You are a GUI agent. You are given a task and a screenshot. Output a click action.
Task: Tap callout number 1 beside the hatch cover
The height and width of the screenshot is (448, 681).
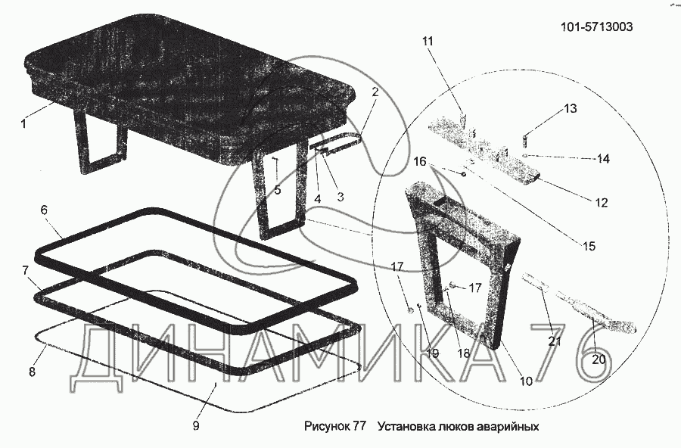(x=23, y=123)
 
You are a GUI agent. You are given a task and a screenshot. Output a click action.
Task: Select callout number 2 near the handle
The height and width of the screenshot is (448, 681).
(x=374, y=92)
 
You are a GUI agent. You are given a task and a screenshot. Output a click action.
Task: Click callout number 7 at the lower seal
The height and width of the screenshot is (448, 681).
(x=26, y=269)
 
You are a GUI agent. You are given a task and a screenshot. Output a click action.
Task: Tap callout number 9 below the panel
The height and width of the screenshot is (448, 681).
(x=196, y=426)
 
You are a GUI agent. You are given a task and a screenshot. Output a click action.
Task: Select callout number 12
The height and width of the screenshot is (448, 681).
(x=602, y=203)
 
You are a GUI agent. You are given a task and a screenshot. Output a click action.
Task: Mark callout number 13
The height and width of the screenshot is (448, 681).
(x=570, y=109)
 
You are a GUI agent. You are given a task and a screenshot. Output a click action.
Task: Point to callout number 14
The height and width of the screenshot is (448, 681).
(x=603, y=159)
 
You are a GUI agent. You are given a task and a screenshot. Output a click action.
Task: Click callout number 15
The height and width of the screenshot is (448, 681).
(x=589, y=246)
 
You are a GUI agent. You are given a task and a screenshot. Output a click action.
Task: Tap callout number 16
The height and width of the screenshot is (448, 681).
(x=419, y=161)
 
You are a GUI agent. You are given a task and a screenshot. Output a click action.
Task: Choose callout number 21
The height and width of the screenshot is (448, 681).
(x=555, y=341)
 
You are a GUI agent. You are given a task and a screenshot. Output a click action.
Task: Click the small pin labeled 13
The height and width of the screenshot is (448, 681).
(x=523, y=137)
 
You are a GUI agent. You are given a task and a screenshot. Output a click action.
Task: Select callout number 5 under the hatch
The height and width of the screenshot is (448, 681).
(x=278, y=190)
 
